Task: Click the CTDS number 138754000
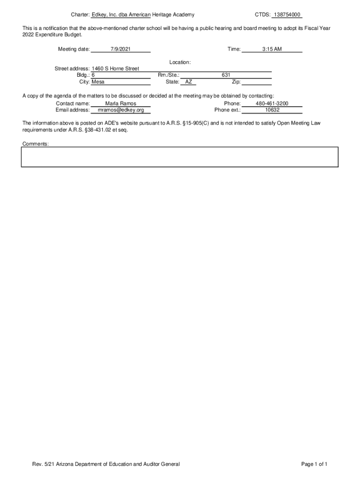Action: click(x=287, y=15)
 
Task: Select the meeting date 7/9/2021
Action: click(x=121, y=49)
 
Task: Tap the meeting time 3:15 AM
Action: click(x=272, y=49)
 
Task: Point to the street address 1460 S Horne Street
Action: click(x=115, y=69)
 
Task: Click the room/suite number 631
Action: click(x=226, y=75)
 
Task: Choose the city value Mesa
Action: click(x=98, y=82)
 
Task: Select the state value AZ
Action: click(x=188, y=82)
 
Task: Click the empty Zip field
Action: click(x=256, y=82)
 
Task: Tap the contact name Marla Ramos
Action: click(x=121, y=103)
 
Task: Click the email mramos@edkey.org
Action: click(x=121, y=110)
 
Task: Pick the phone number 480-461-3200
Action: click(x=272, y=103)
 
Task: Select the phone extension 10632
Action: click(x=272, y=110)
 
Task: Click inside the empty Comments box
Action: click(x=180, y=157)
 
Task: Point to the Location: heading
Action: click(x=180, y=62)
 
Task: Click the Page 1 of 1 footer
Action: click(x=314, y=464)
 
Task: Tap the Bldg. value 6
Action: click(x=94, y=75)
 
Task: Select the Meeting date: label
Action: click(x=74, y=49)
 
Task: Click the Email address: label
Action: click(x=72, y=110)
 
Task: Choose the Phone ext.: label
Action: click(x=227, y=110)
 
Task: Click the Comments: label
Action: click(x=36, y=144)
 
